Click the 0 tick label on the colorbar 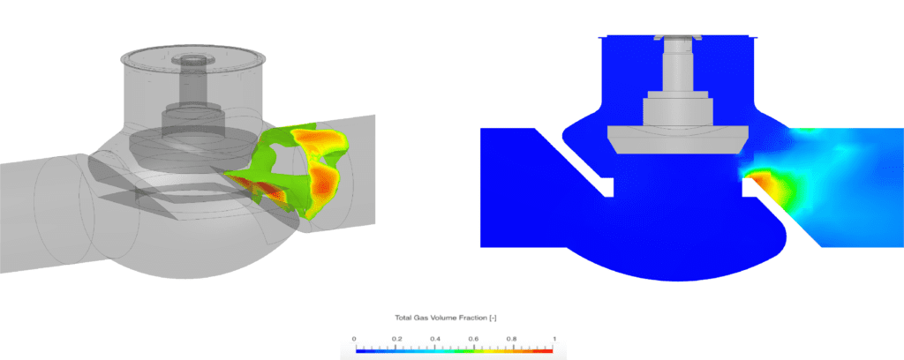click(x=355, y=338)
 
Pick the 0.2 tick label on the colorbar click(x=395, y=338)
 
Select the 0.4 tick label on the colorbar click(x=434, y=338)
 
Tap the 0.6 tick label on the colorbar click(x=474, y=338)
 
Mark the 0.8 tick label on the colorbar click(x=514, y=338)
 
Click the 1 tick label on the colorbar click(x=553, y=338)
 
